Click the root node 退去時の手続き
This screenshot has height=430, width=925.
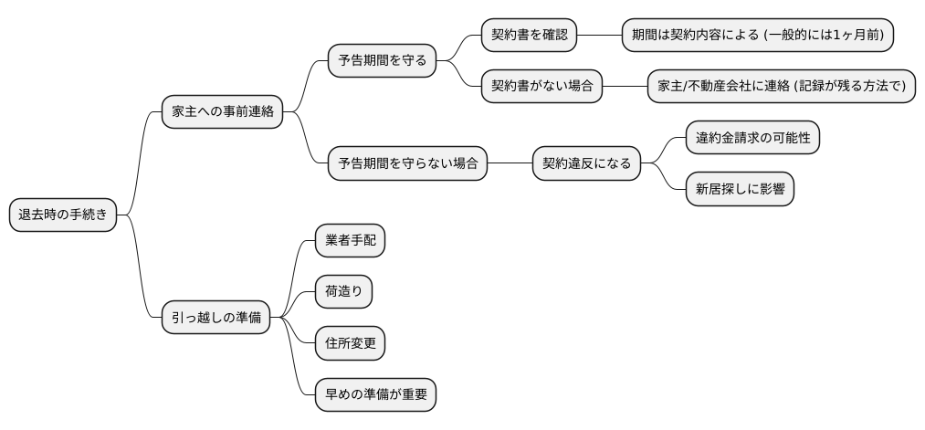click(63, 215)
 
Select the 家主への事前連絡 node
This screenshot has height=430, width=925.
click(222, 112)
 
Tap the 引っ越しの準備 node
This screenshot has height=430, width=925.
click(215, 318)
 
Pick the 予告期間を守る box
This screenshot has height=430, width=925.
click(382, 61)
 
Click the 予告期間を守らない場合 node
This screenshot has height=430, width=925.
click(407, 164)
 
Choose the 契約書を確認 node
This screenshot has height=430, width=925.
click(530, 36)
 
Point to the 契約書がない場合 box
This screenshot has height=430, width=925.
click(542, 87)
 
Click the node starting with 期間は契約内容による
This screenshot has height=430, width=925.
click(757, 36)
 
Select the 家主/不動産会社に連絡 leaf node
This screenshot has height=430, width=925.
click(781, 87)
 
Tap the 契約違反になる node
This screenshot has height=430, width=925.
click(586, 164)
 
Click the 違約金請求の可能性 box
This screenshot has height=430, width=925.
click(752, 138)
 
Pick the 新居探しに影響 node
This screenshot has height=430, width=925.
click(740, 190)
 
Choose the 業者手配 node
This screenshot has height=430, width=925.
click(350, 241)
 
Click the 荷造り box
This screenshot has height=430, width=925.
click(343, 292)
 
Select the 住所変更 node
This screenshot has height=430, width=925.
click(350, 343)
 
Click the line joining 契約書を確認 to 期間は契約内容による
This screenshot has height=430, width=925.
click(599, 36)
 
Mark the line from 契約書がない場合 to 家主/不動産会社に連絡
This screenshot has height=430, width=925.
click(625, 87)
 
